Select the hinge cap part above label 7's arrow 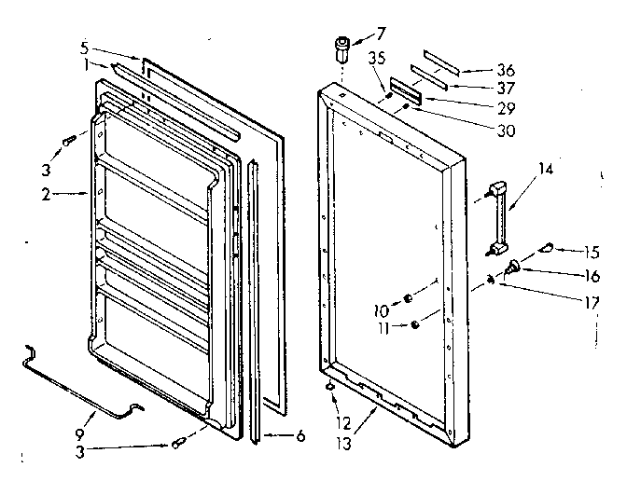343,45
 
